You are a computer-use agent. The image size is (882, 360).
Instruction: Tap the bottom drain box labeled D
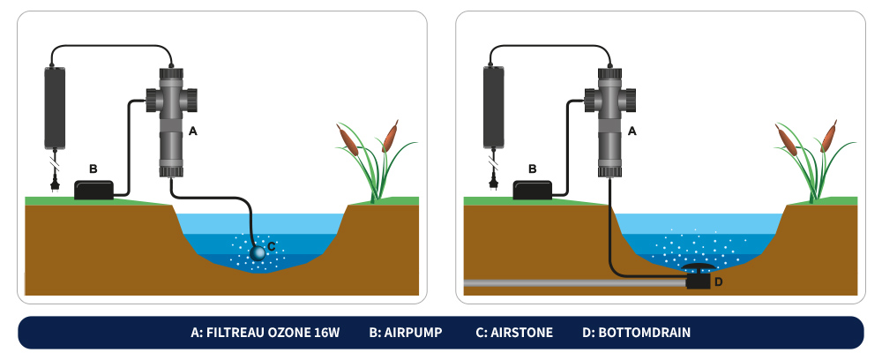(699, 281)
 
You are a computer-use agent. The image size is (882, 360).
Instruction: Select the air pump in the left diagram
(99, 190)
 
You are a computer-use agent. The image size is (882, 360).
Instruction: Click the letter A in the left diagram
(193, 130)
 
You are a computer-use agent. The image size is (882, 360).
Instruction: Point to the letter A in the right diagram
(632, 130)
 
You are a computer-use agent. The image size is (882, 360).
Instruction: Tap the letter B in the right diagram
(531, 168)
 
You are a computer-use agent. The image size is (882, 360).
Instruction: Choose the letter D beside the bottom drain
(718, 282)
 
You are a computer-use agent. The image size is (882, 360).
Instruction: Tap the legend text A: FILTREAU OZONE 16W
(264, 334)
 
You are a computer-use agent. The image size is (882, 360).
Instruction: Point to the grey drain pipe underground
(564, 284)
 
